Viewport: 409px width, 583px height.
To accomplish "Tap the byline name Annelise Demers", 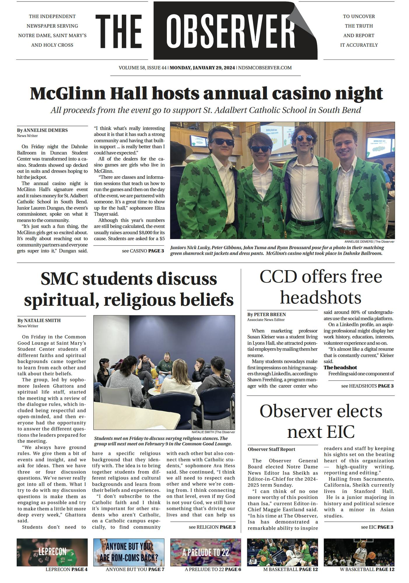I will pos(45,130).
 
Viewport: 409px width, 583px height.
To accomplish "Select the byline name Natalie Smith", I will pos(42,320).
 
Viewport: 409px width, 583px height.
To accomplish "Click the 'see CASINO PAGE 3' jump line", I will pos(143,251).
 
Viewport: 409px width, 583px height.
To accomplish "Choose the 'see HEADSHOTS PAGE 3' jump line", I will pos(367,386).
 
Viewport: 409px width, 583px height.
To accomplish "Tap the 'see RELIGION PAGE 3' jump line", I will pos(212,527).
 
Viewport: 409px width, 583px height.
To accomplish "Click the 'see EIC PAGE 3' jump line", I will pos(377,527).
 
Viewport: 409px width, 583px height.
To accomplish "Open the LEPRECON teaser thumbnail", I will pos(52,552).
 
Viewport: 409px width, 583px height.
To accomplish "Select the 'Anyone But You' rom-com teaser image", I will pos(129,552).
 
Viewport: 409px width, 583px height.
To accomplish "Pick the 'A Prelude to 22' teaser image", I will pos(206,552).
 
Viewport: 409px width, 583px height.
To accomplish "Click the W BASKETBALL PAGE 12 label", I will pos(367,569).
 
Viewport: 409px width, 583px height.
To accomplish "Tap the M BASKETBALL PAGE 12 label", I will pos(290,569).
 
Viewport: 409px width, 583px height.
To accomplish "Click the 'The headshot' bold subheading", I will pos(340,368).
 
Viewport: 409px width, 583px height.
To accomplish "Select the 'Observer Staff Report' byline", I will pos(271,449).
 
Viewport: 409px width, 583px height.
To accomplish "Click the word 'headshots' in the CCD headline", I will pos(321,297).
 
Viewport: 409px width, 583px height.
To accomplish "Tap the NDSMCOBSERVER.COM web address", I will pos(265,68).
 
